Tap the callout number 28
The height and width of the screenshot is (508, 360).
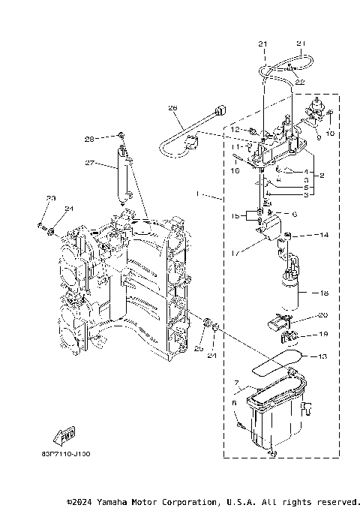pos(89,139)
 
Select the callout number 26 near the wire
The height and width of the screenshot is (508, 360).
pos(173,108)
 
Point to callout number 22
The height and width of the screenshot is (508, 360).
pos(300,81)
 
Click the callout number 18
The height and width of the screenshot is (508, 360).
pos(325,293)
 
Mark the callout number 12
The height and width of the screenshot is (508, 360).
pos(235,130)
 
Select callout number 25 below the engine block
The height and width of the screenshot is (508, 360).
pos(199,348)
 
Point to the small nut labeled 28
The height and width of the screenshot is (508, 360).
pos(120,137)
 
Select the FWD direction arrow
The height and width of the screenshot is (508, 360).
pos(65,435)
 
